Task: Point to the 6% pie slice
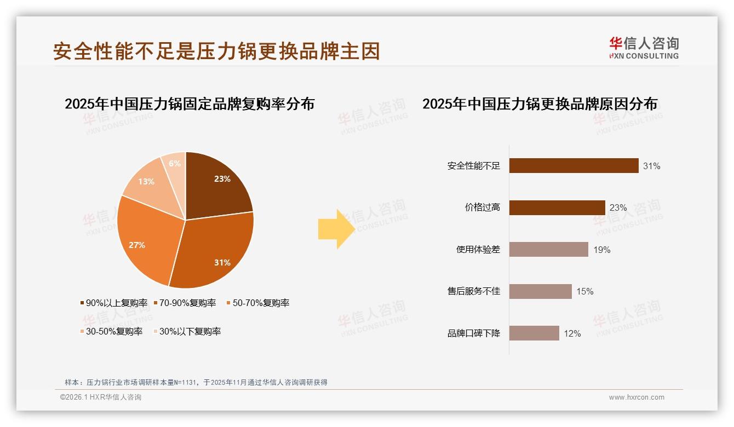175,164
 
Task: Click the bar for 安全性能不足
574,166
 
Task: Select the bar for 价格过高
557,207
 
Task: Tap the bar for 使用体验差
548,250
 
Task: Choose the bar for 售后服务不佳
540,291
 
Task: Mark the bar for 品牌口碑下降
534,333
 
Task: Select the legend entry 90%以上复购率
113,303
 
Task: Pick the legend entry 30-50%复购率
111,331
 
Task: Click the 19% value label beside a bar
601,250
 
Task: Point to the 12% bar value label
572,333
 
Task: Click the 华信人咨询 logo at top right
644,48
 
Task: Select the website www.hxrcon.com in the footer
636,397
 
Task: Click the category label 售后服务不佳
474,291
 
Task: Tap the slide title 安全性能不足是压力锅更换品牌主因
216,51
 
